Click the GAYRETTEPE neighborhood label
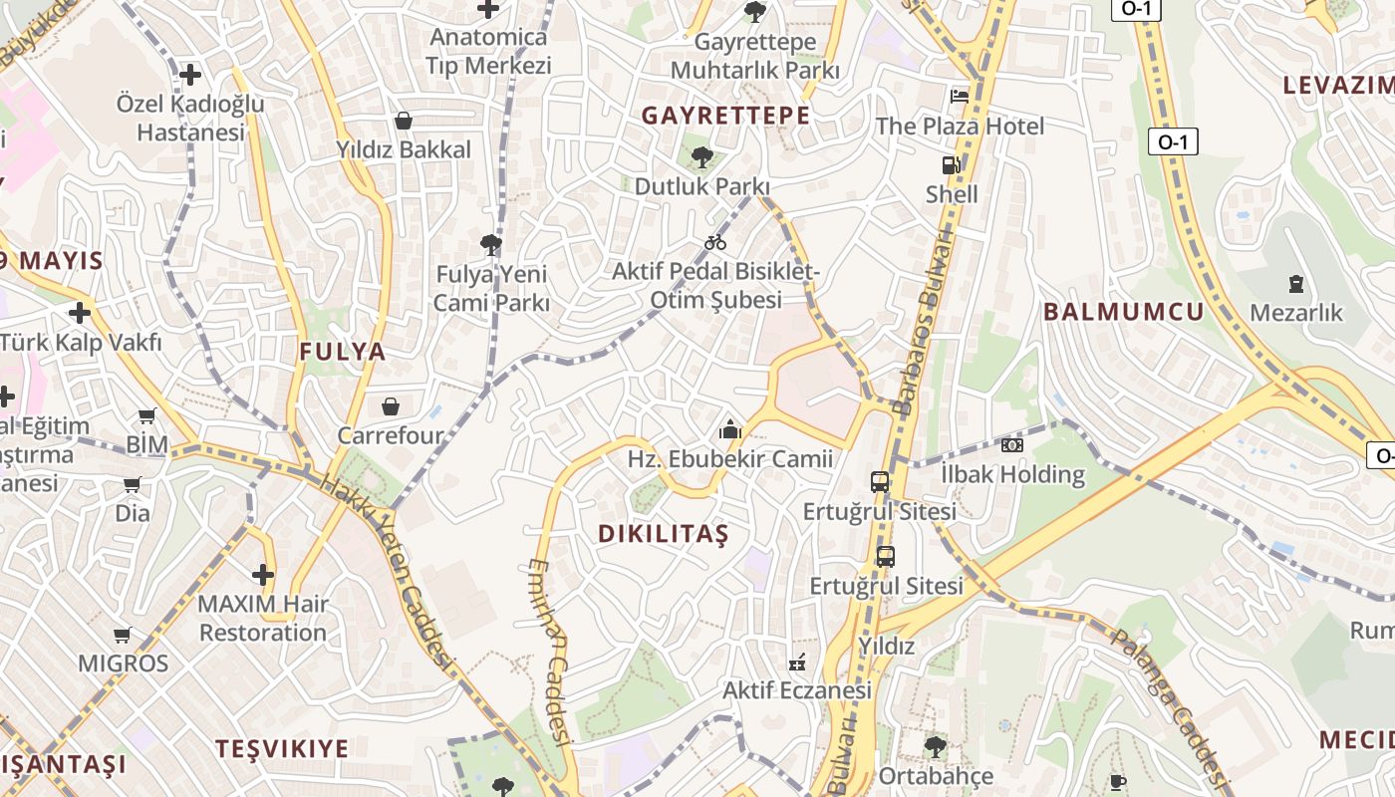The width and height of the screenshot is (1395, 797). pos(725,116)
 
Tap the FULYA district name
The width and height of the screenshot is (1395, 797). pos(343,352)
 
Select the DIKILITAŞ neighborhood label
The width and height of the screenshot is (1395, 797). pos(664,534)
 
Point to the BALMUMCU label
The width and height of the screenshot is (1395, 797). pos(1124,312)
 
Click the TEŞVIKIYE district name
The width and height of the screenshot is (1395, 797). pos(283,749)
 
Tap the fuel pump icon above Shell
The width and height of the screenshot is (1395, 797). pos(952,165)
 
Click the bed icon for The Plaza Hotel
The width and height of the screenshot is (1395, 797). pos(960,96)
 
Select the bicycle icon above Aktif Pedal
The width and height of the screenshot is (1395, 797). pos(715,242)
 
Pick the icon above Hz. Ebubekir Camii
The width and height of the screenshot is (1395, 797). pos(730,430)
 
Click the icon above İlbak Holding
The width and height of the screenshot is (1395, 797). pos(1012,445)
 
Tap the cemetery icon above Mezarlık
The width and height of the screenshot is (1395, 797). pos(1296,284)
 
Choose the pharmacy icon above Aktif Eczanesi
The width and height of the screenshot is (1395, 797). pos(797,662)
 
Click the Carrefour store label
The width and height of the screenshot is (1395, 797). pos(390,435)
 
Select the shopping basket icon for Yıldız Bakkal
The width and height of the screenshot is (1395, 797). pos(404,121)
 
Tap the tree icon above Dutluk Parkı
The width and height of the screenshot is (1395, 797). pos(702,156)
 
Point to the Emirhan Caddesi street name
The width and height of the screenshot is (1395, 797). pos(549,652)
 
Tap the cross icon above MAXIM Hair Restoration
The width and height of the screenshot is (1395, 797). pos(263,575)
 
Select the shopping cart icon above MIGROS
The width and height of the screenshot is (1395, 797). pos(123,635)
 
